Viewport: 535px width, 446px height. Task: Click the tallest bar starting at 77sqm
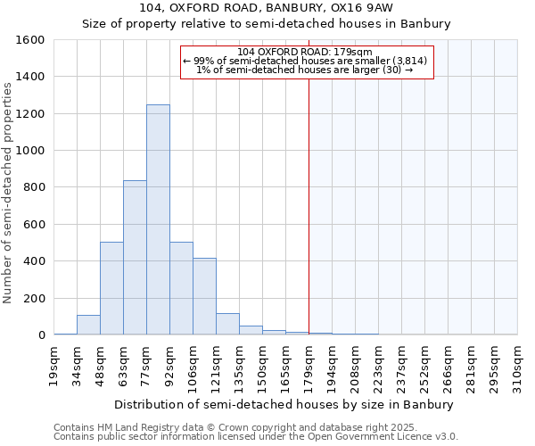[x=158, y=219]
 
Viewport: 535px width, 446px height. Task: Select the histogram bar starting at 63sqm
[x=135, y=258]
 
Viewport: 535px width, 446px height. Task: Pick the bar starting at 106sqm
[x=204, y=296]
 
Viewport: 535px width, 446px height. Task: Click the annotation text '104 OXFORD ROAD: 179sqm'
[x=306, y=51]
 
